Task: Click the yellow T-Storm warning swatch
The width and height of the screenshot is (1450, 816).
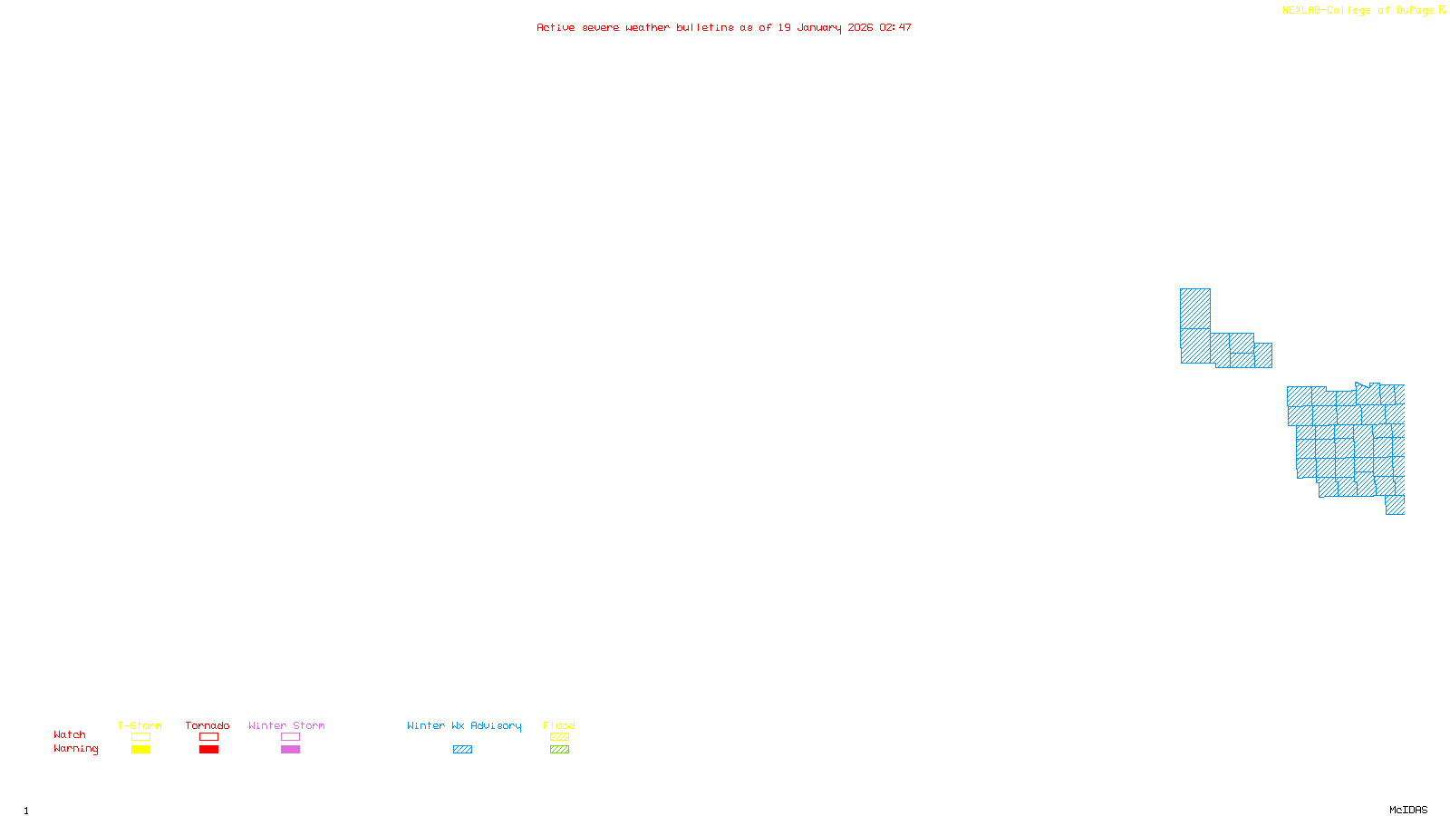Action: tap(140, 750)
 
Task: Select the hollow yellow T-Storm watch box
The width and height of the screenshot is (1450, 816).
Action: tap(140, 737)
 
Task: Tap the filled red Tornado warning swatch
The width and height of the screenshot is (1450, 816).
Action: tap(208, 750)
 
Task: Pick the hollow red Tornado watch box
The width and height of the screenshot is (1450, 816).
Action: tap(208, 737)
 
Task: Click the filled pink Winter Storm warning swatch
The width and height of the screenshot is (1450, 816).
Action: tap(290, 750)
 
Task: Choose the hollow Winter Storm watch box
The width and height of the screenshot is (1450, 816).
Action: tap(290, 737)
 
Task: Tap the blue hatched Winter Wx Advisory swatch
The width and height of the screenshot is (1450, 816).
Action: tap(462, 750)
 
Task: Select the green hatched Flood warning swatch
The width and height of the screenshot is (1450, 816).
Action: tap(559, 750)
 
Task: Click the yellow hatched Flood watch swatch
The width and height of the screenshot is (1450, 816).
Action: tap(559, 737)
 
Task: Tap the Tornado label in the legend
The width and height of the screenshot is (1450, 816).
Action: tap(208, 725)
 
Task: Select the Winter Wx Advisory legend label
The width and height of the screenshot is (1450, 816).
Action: tap(464, 725)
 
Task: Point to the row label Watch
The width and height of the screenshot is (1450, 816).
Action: tap(70, 735)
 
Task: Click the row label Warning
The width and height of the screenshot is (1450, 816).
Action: tap(76, 749)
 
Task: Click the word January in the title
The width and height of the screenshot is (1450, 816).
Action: tap(819, 28)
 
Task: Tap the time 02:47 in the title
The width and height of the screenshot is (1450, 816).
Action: tap(895, 28)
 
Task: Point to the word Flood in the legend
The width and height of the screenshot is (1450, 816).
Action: tap(559, 725)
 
